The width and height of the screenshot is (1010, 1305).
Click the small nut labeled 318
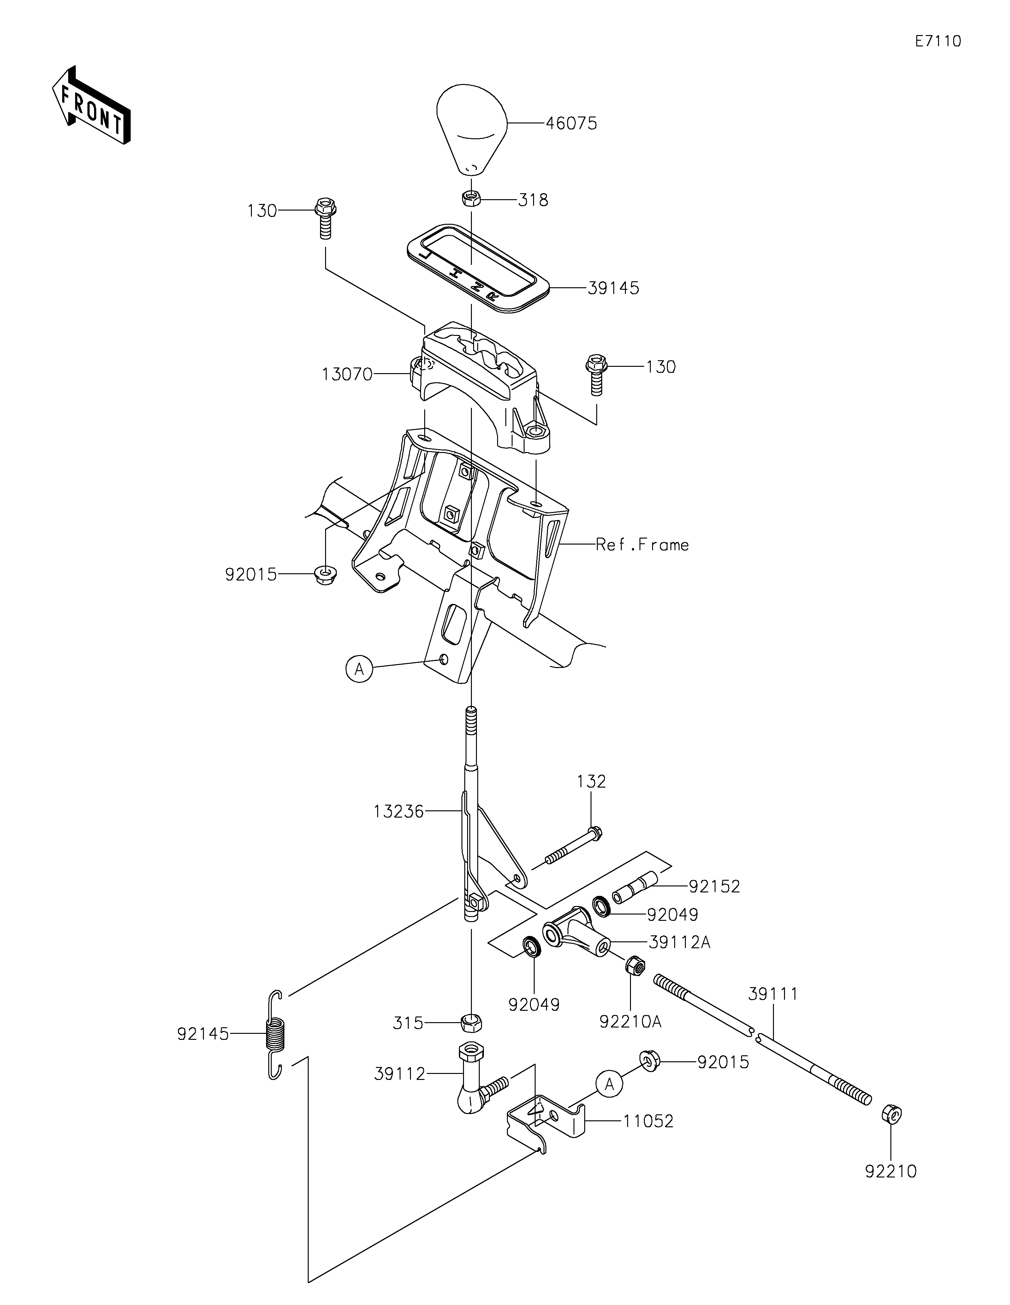pyautogui.click(x=471, y=198)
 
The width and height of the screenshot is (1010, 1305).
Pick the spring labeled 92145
pyautogui.click(x=275, y=1034)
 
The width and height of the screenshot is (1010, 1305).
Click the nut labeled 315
pyautogui.click(x=471, y=1023)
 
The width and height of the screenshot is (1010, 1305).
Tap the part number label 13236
pyautogui.click(x=398, y=811)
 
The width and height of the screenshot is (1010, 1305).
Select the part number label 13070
pyautogui.click(x=347, y=375)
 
